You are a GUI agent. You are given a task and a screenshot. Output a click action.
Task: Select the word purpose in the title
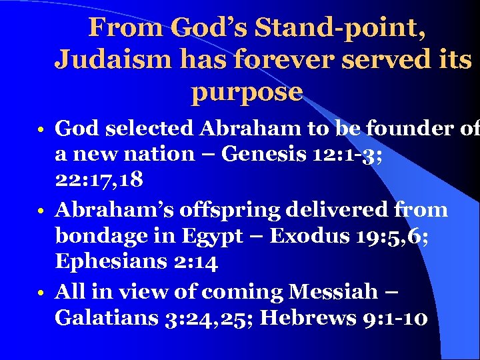247,92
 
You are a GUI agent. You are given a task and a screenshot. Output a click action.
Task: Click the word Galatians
106,318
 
